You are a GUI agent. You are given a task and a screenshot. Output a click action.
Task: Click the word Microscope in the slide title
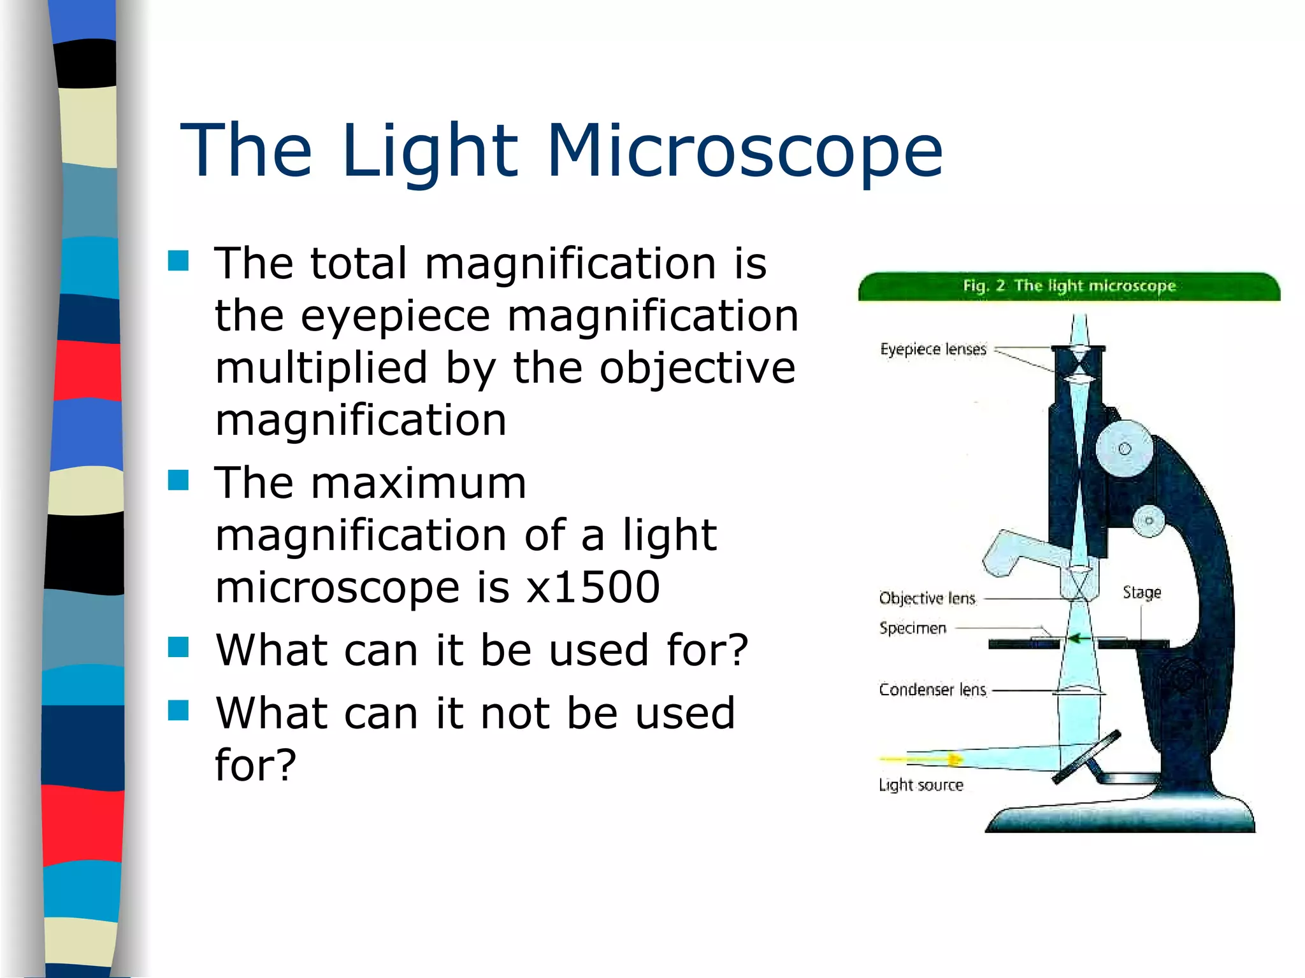click(x=744, y=150)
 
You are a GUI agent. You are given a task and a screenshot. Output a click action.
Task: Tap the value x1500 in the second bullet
click(x=593, y=587)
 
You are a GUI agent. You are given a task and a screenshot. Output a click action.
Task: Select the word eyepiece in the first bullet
click(x=395, y=316)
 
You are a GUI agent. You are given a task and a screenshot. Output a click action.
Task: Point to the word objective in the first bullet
click(x=697, y=369)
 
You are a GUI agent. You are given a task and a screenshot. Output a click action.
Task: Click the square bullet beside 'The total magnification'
click(x=178, y=260)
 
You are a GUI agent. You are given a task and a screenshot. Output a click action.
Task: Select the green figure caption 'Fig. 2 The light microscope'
click(x=1069, y=286)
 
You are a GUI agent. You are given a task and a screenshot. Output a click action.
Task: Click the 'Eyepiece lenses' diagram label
click(x=933, y=349)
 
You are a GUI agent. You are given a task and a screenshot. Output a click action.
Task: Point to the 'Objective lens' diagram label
click(x=927, y=599)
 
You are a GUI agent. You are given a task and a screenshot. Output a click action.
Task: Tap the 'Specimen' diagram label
click(x=912, y=628)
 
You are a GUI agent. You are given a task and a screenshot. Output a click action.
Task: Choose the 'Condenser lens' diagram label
click(x=932, y=690)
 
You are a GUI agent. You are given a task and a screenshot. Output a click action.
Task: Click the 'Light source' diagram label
click(x=921, y=785)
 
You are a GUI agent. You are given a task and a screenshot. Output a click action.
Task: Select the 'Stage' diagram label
click(x=1142, y=593)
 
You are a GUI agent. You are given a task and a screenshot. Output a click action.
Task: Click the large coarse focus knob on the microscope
click(x=1125, y=449)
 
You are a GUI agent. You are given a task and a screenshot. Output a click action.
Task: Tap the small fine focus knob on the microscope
click(x=1149, y=521)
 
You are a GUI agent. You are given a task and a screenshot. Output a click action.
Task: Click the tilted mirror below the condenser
click(x=1086, y=758)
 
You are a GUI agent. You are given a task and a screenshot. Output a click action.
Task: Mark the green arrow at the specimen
click(x=1076, y=638)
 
